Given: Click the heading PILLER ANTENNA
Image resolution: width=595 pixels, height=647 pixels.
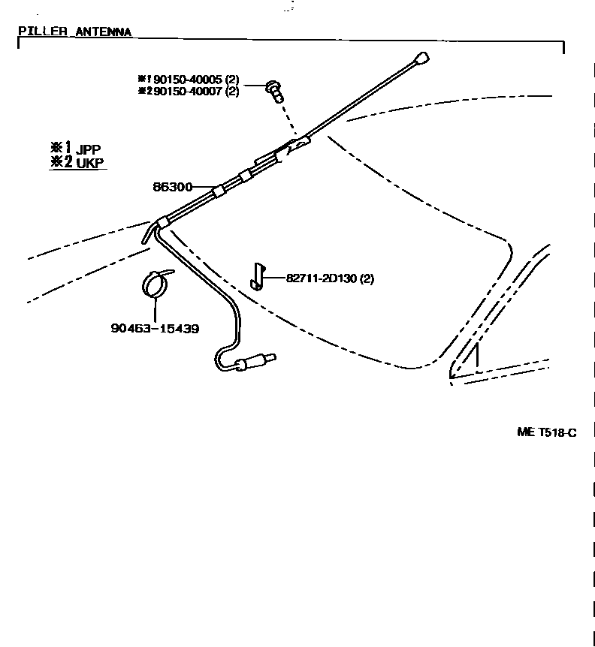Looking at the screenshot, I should pyautogui.click(x=74, y=32).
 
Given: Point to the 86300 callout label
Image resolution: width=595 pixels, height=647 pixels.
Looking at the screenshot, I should pyautogui.click(x=173, y=187).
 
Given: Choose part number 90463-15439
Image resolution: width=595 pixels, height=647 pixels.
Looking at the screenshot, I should pyautogui.click(x=156, y=329).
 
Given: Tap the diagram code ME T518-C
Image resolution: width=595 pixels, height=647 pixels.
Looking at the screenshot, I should pyautogui.click(x=546, y=432).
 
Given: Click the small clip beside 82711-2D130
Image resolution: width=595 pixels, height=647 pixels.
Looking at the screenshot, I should pyautogui.click(x=258, y=275).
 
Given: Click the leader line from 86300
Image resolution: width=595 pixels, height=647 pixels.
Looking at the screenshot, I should pyautogui.click(x=204, y=188).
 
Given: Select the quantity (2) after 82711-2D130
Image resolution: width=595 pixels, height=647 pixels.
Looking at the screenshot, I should pyautogui.click(x=367, y=278).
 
